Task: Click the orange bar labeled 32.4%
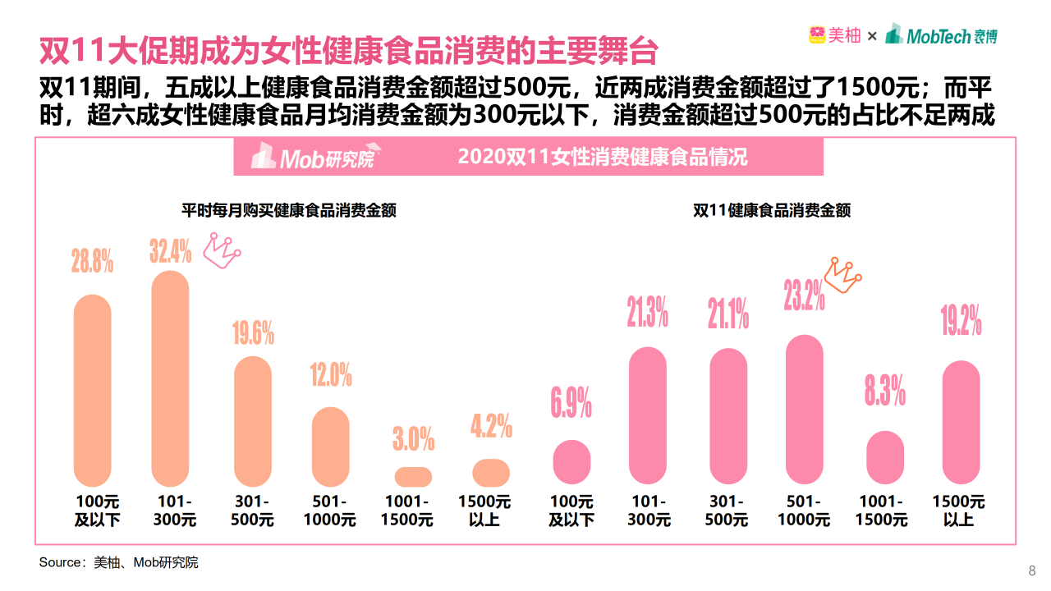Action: click(171, 378)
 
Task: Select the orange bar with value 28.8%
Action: click(93, 390)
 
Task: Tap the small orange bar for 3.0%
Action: click(413, 477)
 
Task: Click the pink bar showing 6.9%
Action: click(571, 462)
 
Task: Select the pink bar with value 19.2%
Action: click(961, 423)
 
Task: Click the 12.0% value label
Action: click(331, 376)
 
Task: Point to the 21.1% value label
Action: click(728, 314)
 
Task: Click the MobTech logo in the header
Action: click(941, 35)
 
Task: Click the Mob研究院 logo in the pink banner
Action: click(313, 157)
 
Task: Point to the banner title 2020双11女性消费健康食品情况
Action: click(603, 157)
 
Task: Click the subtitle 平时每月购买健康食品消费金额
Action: click(289, 210)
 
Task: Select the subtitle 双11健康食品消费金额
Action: click(772, 210)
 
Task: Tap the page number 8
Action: click(1032, 571)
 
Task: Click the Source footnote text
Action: click(119, 562)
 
